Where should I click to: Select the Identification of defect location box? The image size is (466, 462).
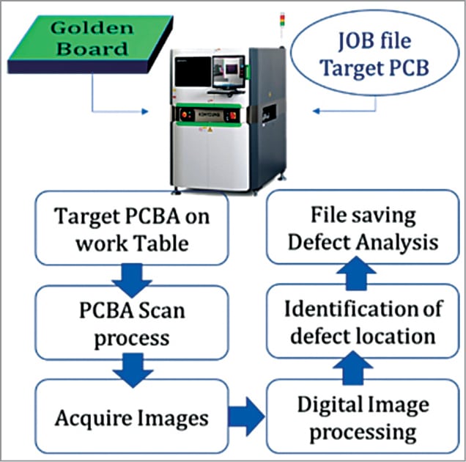[x=363, y=323]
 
